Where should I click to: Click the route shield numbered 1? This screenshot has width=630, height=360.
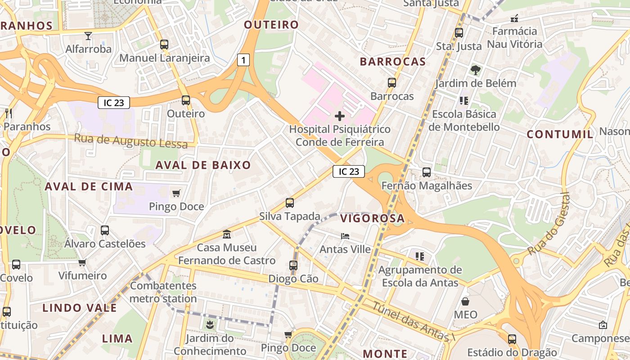tap(243, 60)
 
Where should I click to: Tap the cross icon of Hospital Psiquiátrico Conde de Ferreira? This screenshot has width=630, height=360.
tap(340, 117)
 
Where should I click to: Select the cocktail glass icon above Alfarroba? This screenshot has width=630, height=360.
tap(88, 36)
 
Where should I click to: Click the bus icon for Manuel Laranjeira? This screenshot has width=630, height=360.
tap(164, 45)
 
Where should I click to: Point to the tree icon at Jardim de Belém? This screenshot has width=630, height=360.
tap(475, 70)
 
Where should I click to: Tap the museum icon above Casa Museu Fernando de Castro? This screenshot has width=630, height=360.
tap(227, 234)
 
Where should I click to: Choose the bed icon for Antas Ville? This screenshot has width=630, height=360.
tap(345, 236)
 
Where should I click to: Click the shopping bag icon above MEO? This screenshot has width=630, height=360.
tap(465, 301)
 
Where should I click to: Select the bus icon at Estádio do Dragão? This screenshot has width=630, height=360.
tap(512, 339)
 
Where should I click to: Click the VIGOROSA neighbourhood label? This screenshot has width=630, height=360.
tap(372, 219)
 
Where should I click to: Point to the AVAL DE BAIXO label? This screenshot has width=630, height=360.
tap(203, 165)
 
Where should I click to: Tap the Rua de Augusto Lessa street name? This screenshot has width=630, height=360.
tap(130, 141)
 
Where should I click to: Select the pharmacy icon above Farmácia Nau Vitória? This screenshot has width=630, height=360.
tap(514, 18)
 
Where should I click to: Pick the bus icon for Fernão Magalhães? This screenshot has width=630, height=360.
tap(426, 172)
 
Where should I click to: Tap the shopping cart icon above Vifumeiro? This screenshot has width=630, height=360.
tap(82, 262)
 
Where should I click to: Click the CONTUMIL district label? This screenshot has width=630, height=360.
tap(560, 134)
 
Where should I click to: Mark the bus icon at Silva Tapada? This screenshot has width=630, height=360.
tap(290, 203)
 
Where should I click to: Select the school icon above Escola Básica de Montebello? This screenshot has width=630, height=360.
tap(463, 101)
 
